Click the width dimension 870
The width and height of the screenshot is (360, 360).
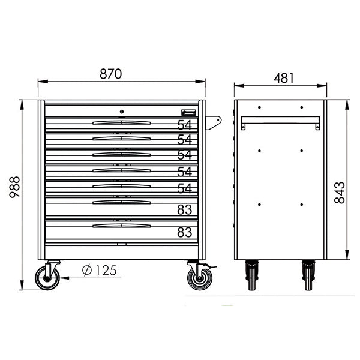click(111, 74)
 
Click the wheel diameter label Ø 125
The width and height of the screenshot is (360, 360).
click(99, 271)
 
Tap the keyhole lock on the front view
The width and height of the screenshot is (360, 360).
click(121, 111)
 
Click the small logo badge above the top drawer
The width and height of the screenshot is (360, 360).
click(188, 112)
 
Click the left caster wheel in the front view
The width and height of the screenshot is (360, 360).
click(47, 277)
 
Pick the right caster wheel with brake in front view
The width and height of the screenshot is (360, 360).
click(199, 278)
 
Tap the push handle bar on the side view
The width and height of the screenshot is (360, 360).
click(280, 122)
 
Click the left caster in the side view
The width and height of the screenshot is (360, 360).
click(252, 276)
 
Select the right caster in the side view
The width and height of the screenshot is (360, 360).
click(308, 276)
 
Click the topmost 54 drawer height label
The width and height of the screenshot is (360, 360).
click(184, 125)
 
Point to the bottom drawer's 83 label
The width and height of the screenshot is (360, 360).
click(184, 232)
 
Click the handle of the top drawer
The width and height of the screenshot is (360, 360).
click(121, 122)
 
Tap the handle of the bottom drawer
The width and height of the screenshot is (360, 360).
click(121, 226)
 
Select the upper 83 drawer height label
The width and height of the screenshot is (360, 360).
click(184, 209)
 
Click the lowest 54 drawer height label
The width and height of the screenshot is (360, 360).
click(184, 188)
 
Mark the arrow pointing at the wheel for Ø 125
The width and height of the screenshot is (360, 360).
click(65, 278)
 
